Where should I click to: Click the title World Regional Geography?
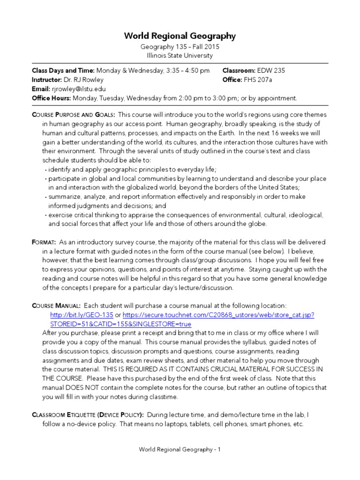180,36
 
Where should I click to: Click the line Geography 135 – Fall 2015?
180,47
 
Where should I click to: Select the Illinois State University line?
180,55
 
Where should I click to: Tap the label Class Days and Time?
63,71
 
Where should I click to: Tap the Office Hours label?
51,98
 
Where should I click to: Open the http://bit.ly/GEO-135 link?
81,315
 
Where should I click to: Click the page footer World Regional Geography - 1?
180,450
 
